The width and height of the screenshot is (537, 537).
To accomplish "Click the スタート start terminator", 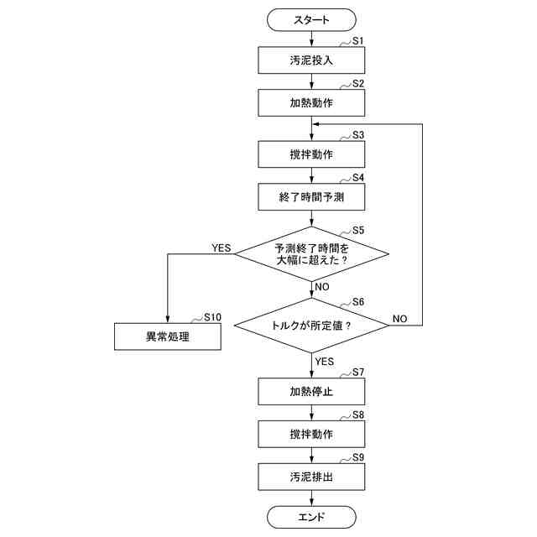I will (311, 18).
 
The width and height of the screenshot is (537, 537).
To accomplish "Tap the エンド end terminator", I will (311, 517).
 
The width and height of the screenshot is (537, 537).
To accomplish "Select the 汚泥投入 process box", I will (311, 60).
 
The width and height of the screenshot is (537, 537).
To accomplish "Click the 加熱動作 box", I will (311, 103).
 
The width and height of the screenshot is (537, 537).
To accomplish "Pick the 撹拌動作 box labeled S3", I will (311, 154).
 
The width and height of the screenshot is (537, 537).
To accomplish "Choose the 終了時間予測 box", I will (311, 198).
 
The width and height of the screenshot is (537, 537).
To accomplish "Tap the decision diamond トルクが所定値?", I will (311, 325).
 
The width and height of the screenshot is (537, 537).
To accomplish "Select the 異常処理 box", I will (168, 336).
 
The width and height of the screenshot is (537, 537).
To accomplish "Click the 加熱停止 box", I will (311, 391).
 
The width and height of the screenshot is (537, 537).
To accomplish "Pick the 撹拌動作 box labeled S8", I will (311, 435).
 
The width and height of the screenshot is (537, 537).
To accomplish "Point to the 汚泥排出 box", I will (311, 478).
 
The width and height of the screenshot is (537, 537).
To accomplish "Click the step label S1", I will (357, 40).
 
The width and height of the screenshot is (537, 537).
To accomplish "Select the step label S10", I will (212, 317).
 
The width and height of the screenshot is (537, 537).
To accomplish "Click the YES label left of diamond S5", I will (221, 248).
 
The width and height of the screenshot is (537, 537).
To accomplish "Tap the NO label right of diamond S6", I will (399, 319).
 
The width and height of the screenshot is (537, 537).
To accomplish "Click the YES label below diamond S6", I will (324, 362).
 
